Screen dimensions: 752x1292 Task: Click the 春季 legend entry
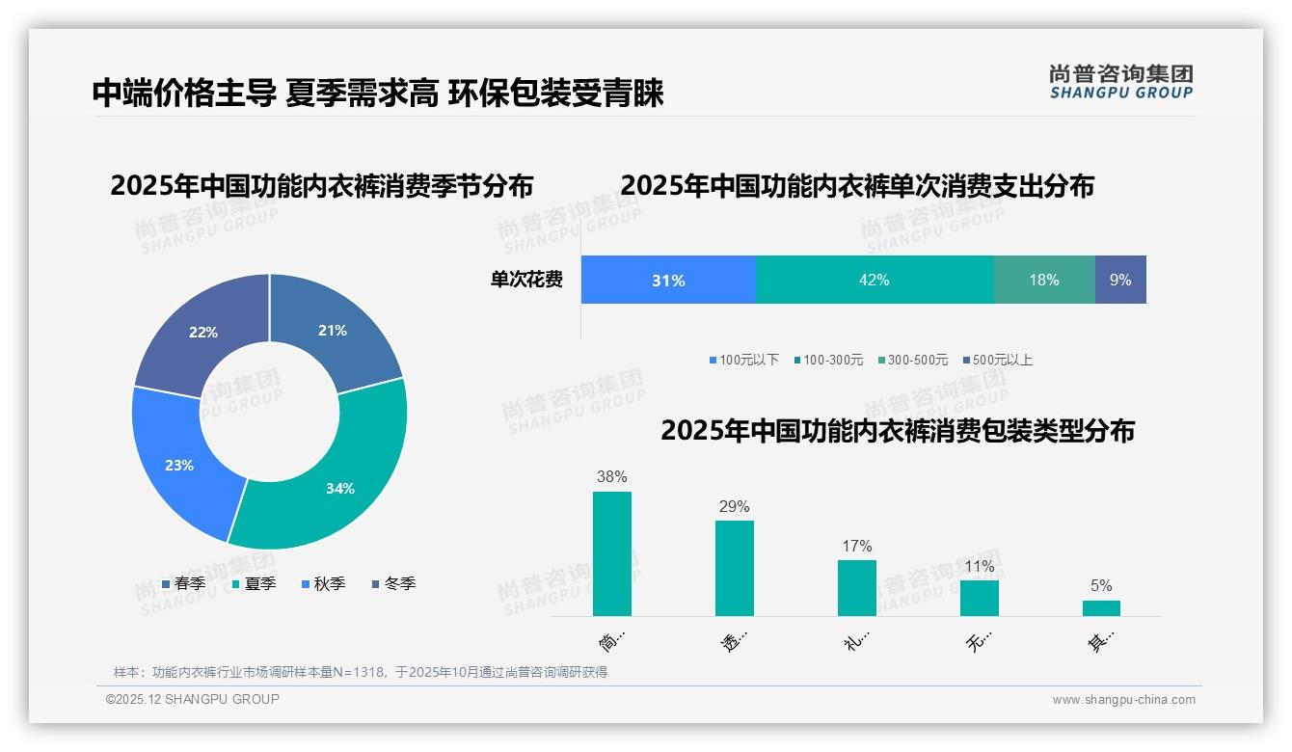183,583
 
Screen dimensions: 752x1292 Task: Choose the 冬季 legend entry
393,583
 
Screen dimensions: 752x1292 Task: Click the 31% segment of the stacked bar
668,281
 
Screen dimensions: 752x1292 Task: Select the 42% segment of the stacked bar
875,281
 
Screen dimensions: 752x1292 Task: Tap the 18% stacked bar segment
1044,281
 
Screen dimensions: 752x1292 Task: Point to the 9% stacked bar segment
1120,281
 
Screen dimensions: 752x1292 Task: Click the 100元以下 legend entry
743,360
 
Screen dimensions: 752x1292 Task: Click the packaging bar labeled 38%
612,553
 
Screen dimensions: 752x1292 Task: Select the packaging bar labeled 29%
735,568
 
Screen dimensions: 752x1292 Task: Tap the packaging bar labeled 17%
857,588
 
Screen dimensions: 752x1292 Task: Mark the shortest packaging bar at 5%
1101,608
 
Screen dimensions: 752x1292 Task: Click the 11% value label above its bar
980,567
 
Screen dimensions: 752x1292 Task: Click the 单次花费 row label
526,281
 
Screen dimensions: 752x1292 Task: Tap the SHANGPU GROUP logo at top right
1121,82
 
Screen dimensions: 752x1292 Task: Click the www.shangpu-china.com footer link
1123,700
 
